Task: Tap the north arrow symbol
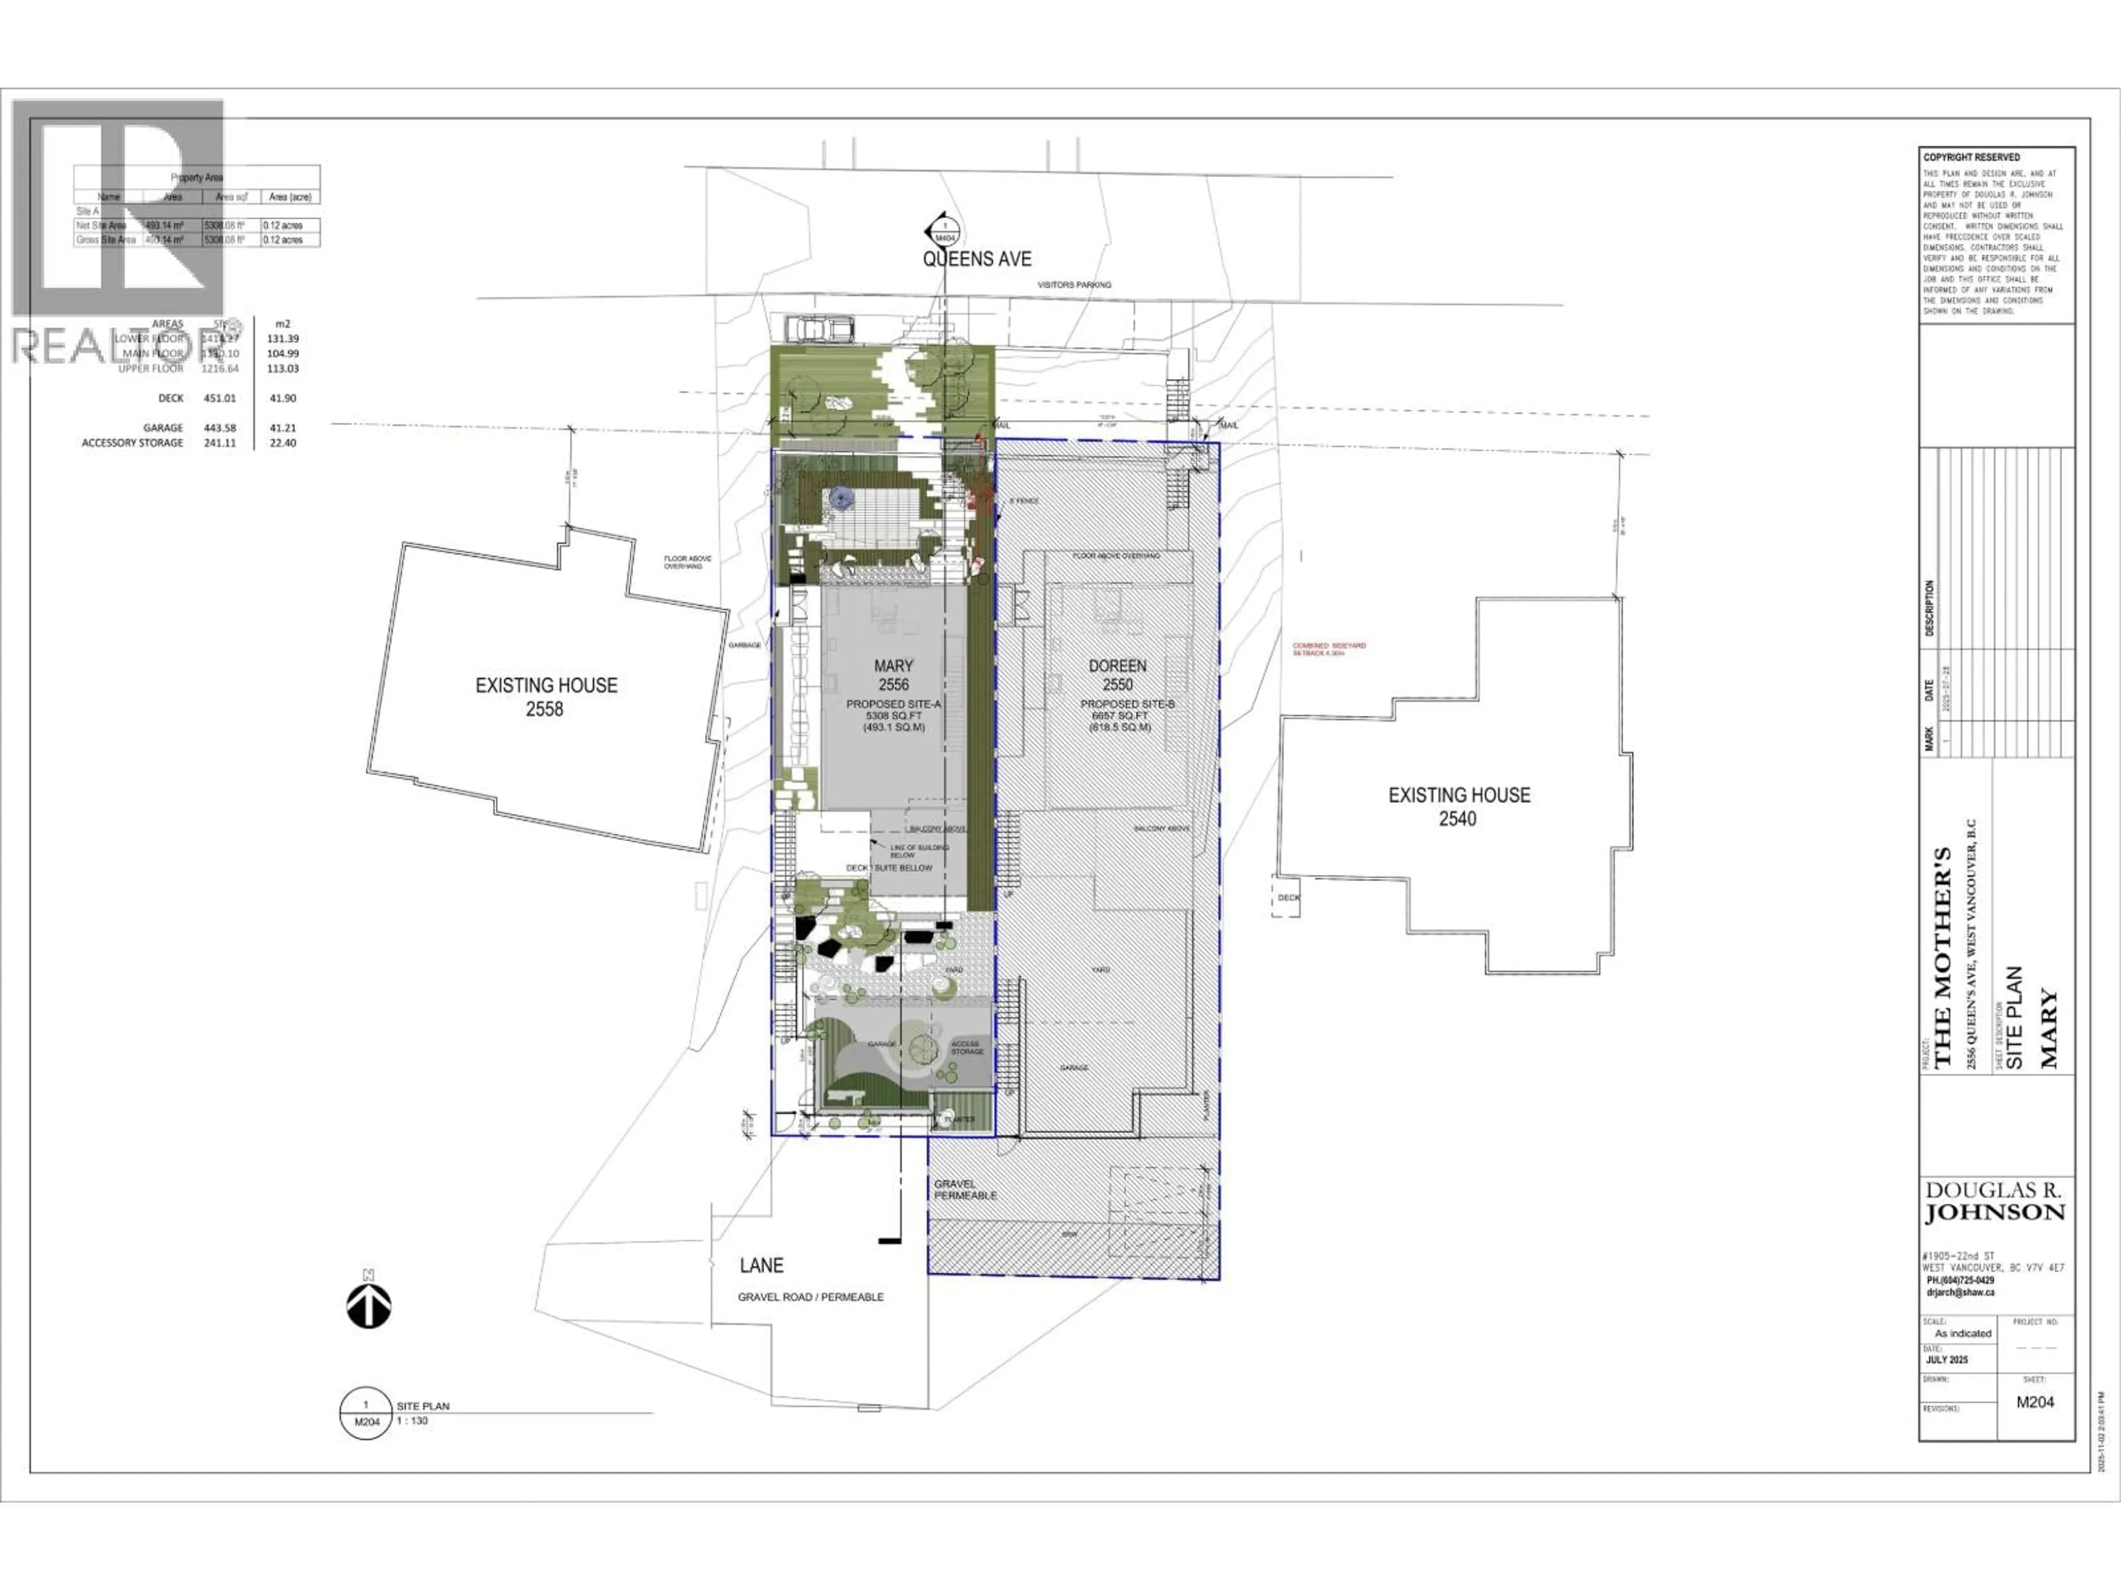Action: click(369, 1305)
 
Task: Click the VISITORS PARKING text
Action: click(1074, 285)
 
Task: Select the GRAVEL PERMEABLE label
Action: click(965, 1190)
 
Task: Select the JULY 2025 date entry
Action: click(1946, 1360)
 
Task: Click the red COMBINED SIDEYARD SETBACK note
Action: click(1329, 649)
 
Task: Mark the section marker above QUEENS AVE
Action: click(943, 231)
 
